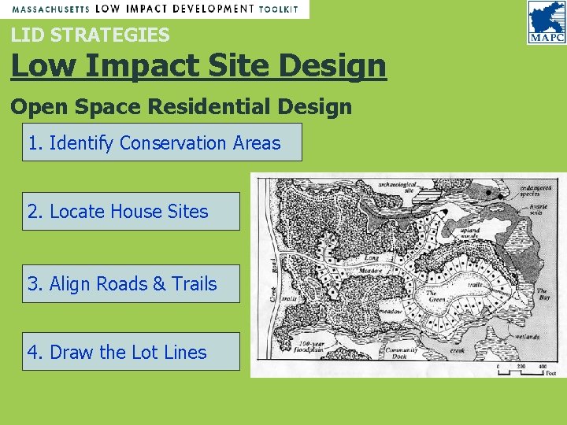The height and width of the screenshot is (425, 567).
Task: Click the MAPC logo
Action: coord(546,22)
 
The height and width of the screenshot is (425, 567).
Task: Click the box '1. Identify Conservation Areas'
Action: coord(161,142)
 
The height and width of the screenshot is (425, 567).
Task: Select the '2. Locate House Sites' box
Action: coord(131,211)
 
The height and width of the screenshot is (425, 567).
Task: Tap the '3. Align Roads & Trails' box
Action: coord(131,283)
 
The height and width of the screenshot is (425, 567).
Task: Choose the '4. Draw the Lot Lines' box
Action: coord(131,352)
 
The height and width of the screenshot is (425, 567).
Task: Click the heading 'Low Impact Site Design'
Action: coord(198,66)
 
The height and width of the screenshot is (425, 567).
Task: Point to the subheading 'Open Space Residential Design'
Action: coord(181,106)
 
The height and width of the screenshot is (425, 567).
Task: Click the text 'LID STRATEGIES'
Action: coord(91,35)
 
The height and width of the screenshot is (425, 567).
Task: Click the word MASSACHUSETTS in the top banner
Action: coord(51,9)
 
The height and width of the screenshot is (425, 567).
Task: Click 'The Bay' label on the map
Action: coord(543,294)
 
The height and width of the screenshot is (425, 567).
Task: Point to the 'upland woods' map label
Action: coord(471,235)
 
